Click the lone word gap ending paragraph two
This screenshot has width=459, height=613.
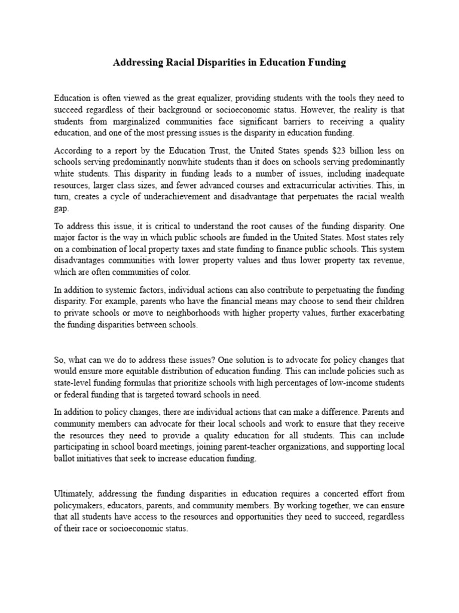point(61,208)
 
